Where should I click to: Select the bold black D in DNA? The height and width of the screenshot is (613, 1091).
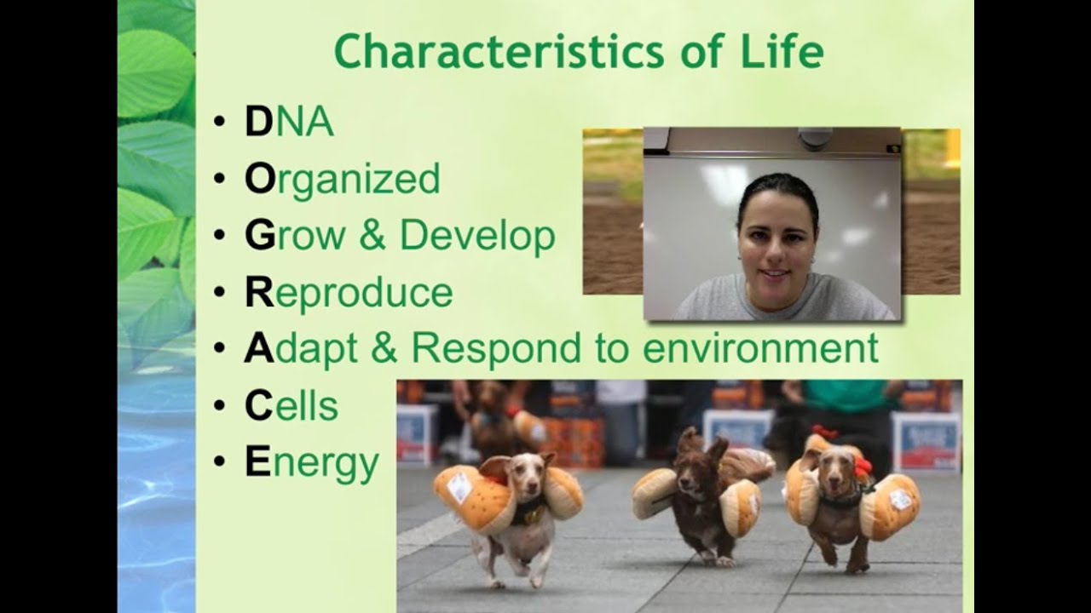[x=258, y=122]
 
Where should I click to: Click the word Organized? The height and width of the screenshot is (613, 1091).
[x=343, y=179]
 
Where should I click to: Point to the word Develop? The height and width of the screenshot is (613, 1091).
[x=477, y=236]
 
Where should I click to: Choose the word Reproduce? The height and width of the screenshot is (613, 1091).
[x=349, y=293]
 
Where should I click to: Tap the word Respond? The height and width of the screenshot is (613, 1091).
[x=496, y=349]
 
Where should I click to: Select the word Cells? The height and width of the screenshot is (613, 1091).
[x=292, y=406]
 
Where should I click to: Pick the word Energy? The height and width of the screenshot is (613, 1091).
[x=312, y=464]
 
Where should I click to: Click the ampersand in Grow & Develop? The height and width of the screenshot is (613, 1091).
[x=372, y=235]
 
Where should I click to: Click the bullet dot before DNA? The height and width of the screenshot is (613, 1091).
[x=219, y=121]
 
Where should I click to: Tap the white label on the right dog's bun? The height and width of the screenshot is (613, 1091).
[x=900, y=500]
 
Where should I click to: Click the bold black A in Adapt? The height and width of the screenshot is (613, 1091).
[x=259, y=348]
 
